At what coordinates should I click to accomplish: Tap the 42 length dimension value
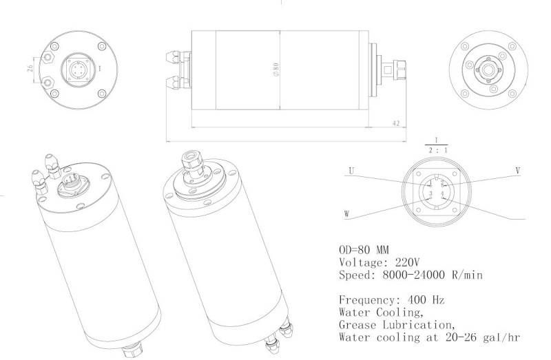(395, 123)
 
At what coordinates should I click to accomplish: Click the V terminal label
(517, 169)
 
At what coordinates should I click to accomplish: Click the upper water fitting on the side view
(176, 54)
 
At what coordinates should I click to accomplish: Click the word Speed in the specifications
(356, 275)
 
